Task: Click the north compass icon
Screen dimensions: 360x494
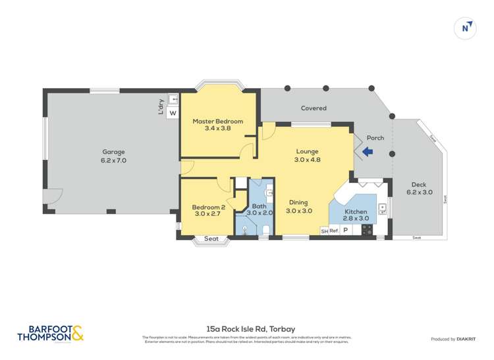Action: point(466,28)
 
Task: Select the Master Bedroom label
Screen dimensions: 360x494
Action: point(217,121)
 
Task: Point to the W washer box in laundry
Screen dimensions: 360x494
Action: point(173,113)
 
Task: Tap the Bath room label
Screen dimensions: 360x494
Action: point(259,206)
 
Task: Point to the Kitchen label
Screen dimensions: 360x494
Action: point(356,211)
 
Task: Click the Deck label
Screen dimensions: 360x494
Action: point(419,184)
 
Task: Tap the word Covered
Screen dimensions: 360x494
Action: point(314,108)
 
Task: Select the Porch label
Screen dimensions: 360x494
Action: point(375,138)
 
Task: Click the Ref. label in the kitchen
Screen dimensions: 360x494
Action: point(333,231)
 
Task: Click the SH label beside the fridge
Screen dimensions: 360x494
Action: point(323,231)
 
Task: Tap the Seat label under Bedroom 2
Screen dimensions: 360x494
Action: point(211,238)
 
